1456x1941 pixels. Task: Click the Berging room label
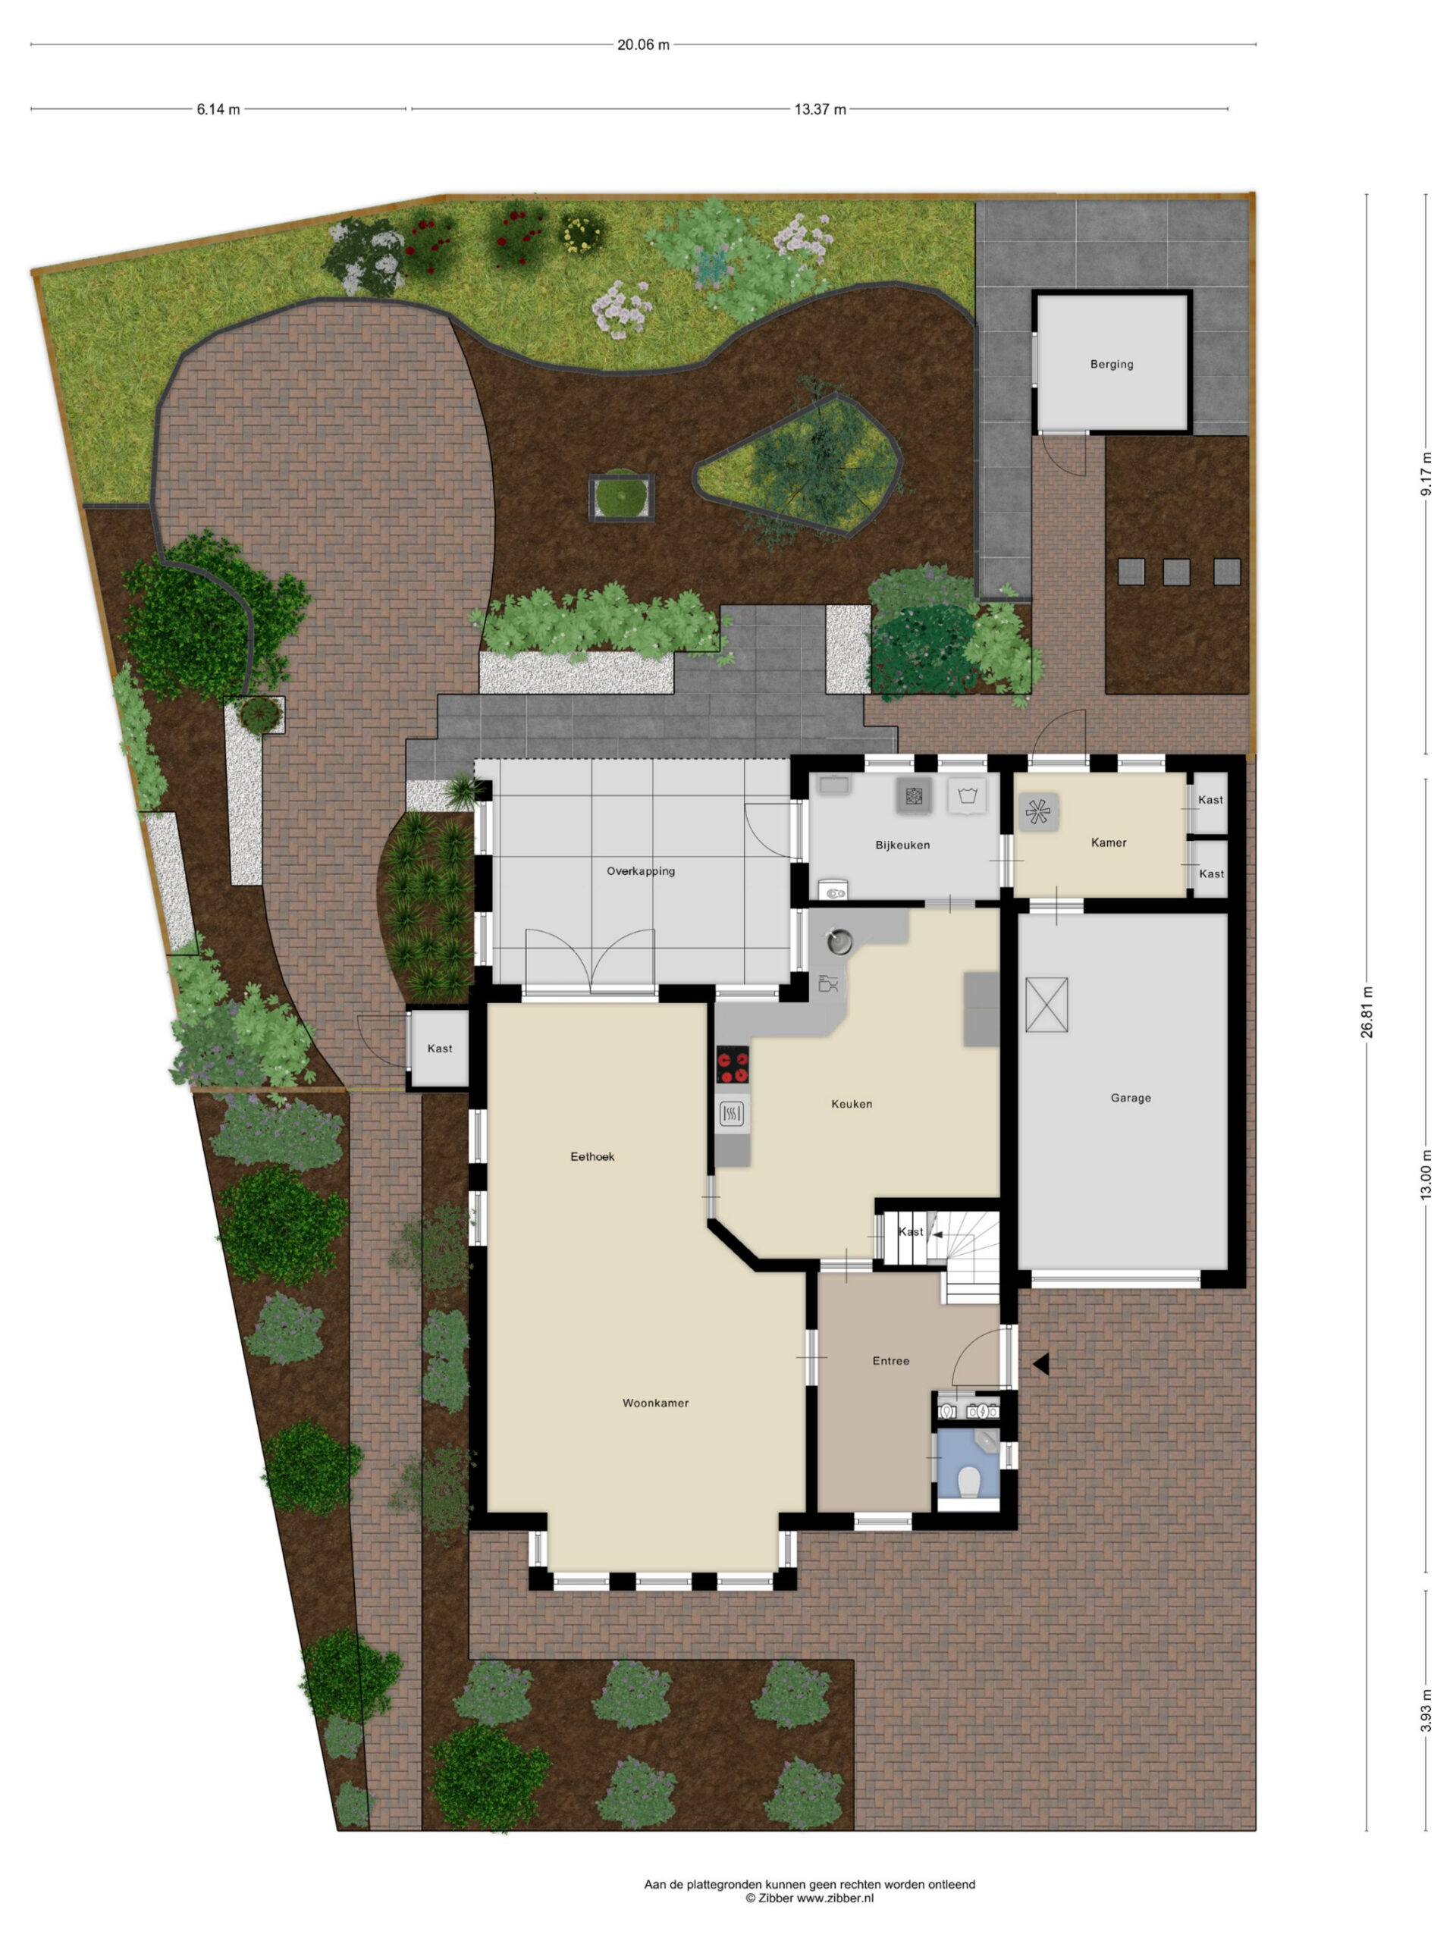[1111, 364]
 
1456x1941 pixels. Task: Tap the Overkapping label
[641, 871]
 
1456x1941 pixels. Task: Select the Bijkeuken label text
[902, 845]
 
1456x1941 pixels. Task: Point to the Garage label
[1131, 1098]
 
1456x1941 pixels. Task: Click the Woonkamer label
[656, 1403]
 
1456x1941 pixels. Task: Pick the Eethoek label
[592, 1156]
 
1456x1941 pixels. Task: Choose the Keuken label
[852, 1104]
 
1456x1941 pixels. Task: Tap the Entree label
[891, 1361]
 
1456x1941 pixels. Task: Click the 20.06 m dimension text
[643, 45]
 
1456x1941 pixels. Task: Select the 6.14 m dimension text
[218, 110]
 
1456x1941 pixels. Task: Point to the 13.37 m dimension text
[820, 110]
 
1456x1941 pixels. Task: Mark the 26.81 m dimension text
[1367, 1011]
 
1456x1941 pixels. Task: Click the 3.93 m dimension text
[1426, 1711]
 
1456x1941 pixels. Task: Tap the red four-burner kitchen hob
[733, 1065]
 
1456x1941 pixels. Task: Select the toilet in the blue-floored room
[969, 1482]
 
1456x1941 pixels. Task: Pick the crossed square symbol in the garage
[1046, 1005]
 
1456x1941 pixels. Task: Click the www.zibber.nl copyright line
[809, 1898]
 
